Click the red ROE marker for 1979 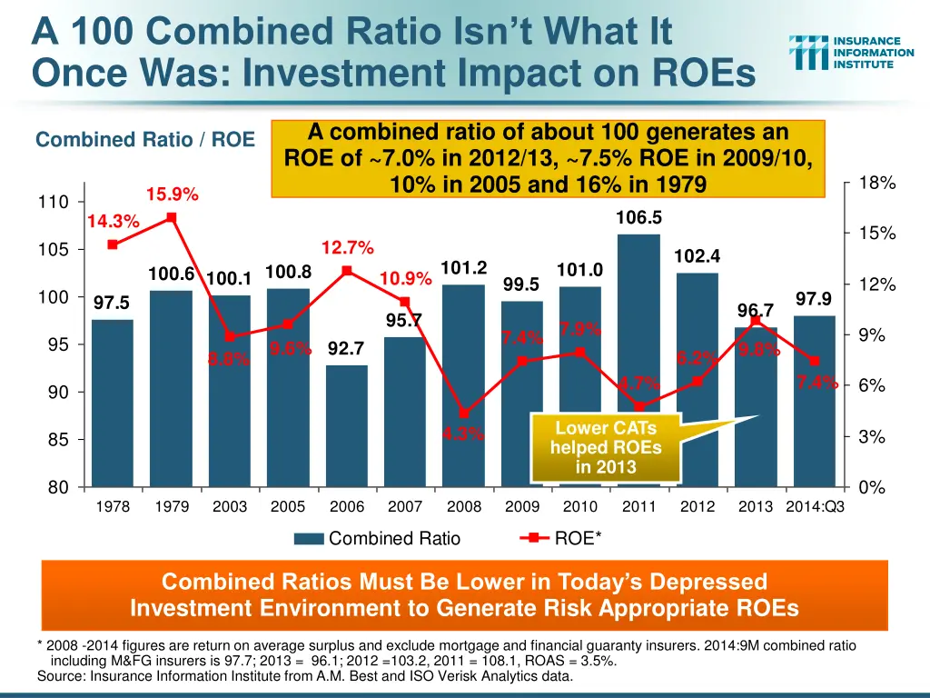tap(171, 217)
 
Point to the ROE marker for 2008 tap(463, 414)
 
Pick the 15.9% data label tap(173, 194)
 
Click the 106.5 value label tap(639, 217)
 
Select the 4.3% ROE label tap(463, 434)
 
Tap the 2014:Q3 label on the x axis tap(815, 506)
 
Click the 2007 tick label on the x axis tap(405, 506)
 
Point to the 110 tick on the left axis tap(52, 202)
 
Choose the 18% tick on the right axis tap(877, 183)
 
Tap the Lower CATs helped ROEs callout tap(606, 447)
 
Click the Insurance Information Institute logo tap(851, 53)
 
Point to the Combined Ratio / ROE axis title tap(145, 140)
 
